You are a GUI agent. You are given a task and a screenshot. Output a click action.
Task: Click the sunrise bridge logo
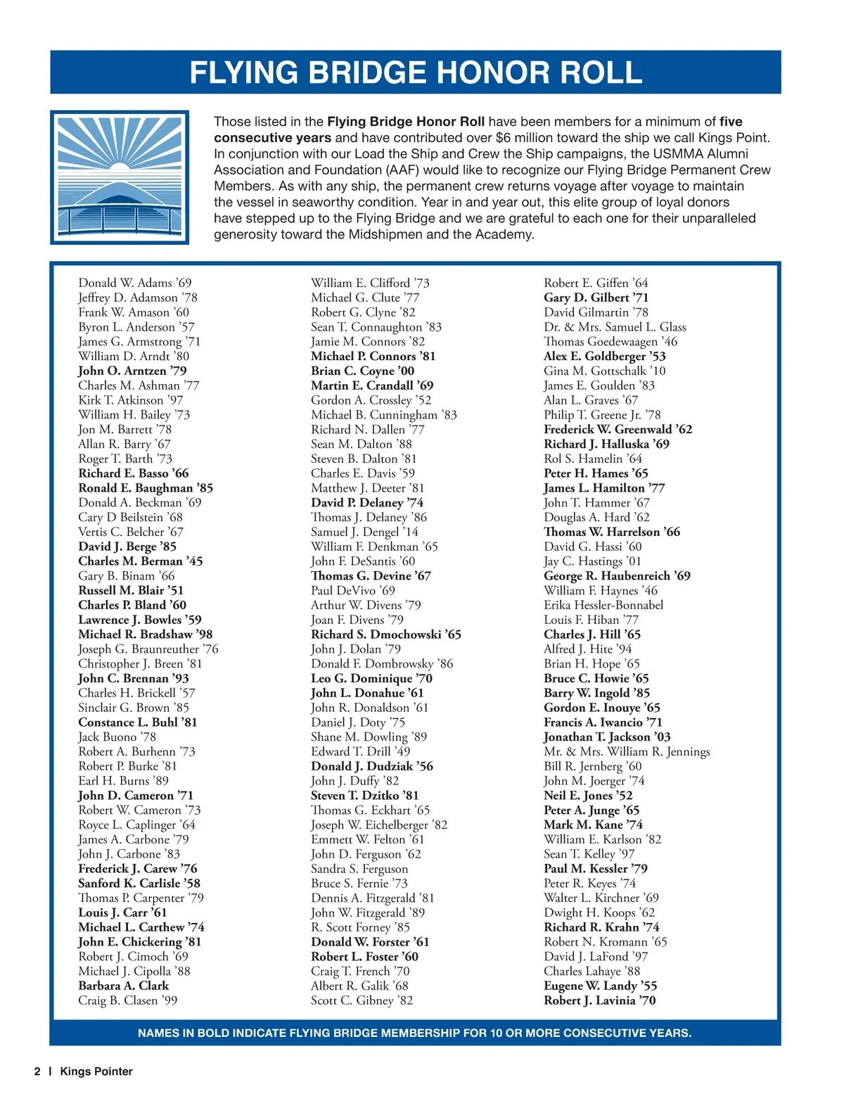click(120, 177)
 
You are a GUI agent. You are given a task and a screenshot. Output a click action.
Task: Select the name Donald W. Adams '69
click(135, 283)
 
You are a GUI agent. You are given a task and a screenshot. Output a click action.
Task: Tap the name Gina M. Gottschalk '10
click(604, 371)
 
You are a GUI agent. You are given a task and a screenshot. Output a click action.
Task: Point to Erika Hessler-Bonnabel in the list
click(603, 605)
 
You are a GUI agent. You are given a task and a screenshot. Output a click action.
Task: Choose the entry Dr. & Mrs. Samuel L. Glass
click(615, 327)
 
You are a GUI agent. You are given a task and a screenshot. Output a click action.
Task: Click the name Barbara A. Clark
click(124, 986)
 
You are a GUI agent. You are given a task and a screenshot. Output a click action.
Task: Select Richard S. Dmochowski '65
click(386, 635)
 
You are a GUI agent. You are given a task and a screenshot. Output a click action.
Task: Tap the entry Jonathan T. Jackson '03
click(607, 737)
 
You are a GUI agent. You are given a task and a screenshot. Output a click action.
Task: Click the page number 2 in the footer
click(37, 1071)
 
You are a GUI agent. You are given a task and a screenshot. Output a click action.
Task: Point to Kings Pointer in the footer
click(96, 1071)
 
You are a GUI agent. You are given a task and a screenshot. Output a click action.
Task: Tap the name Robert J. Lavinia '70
click(599, 1000)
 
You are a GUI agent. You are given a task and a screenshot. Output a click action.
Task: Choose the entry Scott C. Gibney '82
click(362, 1000)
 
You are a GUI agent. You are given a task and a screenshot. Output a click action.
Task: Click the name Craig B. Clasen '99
click(128, 1000)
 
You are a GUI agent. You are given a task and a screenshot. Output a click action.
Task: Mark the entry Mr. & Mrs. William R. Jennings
click(627, 751)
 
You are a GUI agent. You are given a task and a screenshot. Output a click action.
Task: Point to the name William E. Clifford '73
click(370, 283)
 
